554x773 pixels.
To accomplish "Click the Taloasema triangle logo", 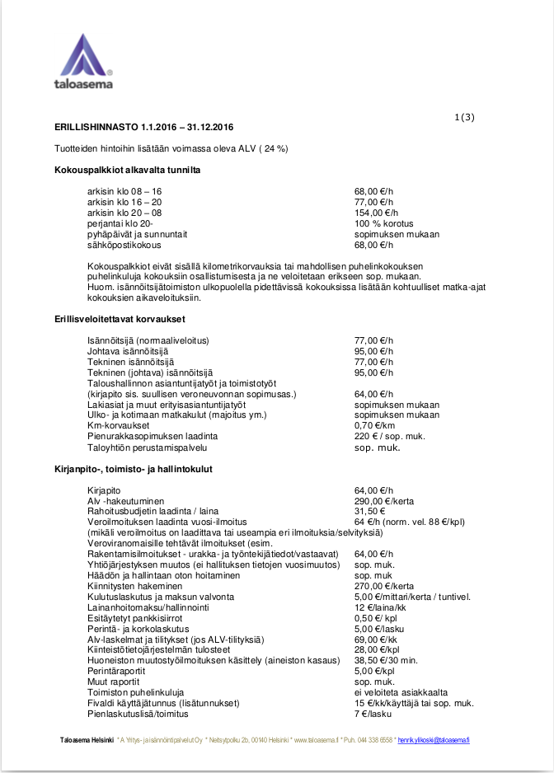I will tap(85, 54).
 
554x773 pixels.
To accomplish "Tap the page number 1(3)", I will tap(464, 117).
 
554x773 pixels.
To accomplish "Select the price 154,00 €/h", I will tap(376, 213).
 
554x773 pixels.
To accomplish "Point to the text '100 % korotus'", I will tap(383, 223).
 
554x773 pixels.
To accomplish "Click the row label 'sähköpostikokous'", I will tap(124, 245).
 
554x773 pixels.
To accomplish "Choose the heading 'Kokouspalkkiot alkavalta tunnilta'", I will tap(128, 171).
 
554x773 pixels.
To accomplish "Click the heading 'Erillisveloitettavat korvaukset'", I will tap(120, 319).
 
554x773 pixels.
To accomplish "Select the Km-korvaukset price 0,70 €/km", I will tap(375, 426).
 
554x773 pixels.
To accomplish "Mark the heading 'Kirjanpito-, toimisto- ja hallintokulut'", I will tap(134, 469).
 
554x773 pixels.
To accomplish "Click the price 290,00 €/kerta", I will tap(384, 501).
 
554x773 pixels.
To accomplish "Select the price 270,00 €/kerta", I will tap(384, 586).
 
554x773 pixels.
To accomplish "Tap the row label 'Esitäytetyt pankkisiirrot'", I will tap(135, 618).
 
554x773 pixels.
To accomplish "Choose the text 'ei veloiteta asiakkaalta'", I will tap(401, 693).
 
